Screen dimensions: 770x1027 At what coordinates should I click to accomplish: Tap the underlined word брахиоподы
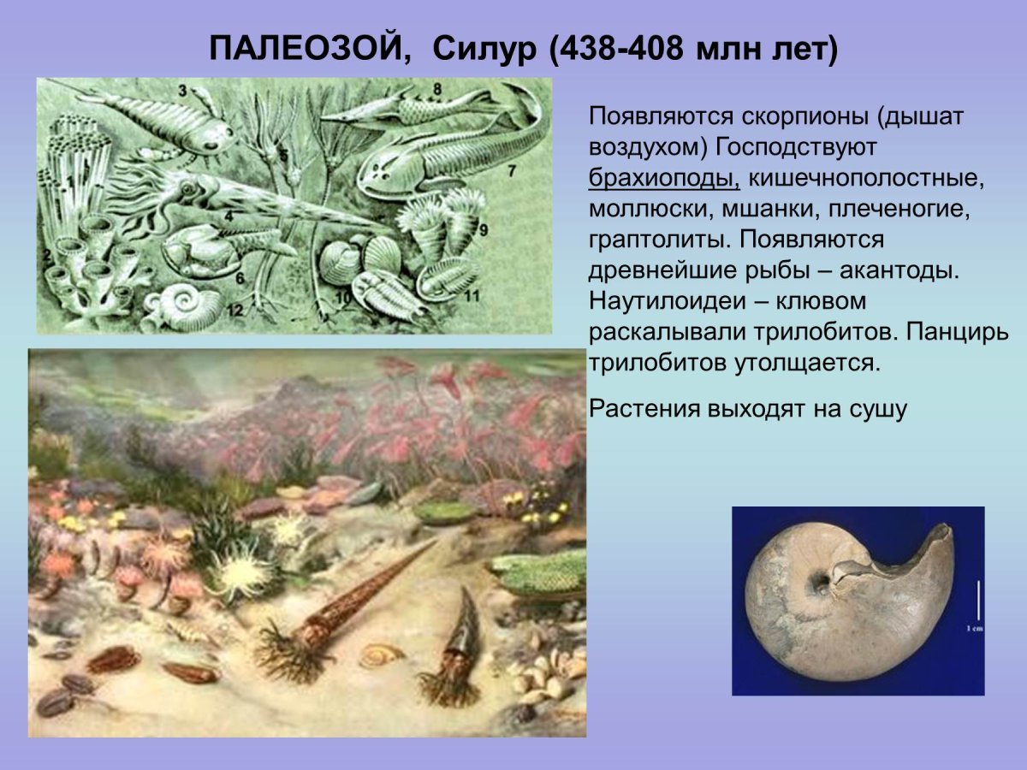point(664,177)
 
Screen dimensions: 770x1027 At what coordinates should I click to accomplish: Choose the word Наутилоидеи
point(664,301)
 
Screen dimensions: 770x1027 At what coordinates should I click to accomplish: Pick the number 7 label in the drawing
point(512,170)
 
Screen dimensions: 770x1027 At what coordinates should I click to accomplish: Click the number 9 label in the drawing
point(483,229)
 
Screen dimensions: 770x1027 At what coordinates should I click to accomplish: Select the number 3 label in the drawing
point(182,90)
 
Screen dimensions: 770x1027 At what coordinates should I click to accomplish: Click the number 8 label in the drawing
point(436,88)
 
